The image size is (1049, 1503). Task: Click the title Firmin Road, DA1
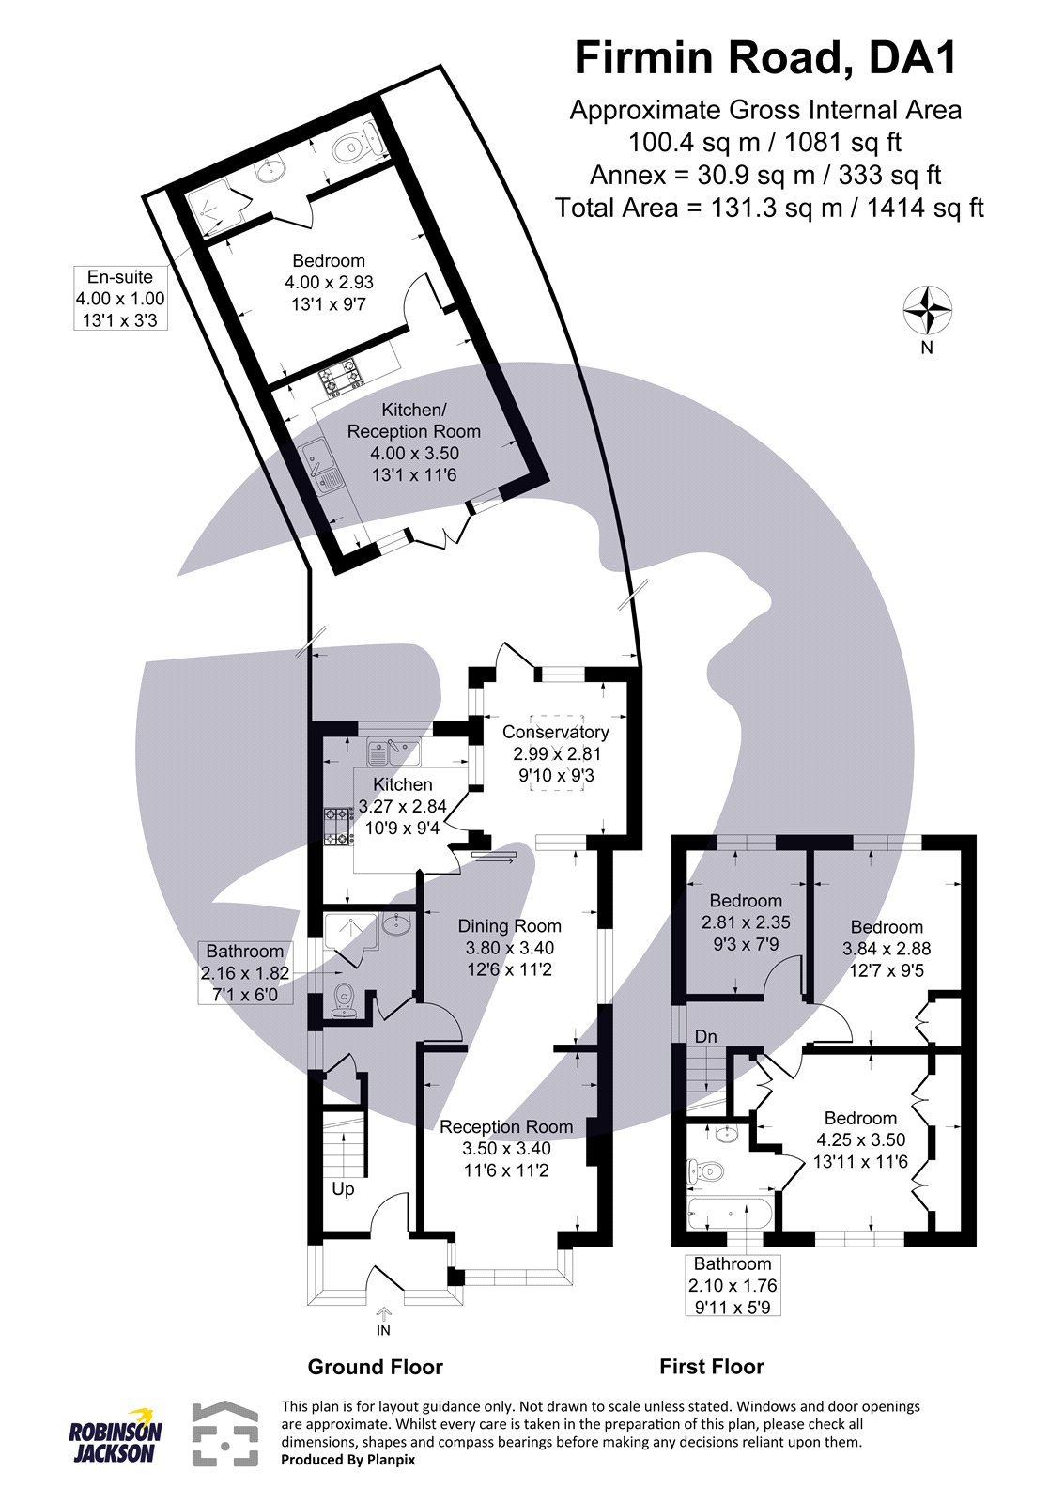click(765, 58)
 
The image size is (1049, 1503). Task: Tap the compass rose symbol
click(927, 310)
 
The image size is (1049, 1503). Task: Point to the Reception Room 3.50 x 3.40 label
click(506, 1147)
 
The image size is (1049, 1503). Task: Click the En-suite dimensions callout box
click(120, 298)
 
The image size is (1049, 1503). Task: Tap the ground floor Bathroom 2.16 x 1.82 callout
click(245, 973)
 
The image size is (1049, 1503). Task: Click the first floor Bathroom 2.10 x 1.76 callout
click(733, 1285)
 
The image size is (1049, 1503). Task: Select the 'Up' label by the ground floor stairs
click(343, 1188)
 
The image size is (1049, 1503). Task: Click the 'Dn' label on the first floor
click(706, 1036)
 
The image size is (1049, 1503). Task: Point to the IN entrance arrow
click(383, 1320)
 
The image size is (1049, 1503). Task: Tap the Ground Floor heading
click(375, 1367)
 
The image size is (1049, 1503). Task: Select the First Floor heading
click(712, 1367)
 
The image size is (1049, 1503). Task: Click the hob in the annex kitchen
click(342, 379)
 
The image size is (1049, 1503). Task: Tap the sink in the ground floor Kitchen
click(392, 751)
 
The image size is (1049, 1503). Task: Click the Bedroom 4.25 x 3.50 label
click(860, 1139)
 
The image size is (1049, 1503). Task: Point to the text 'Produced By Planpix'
click(348, 1459)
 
